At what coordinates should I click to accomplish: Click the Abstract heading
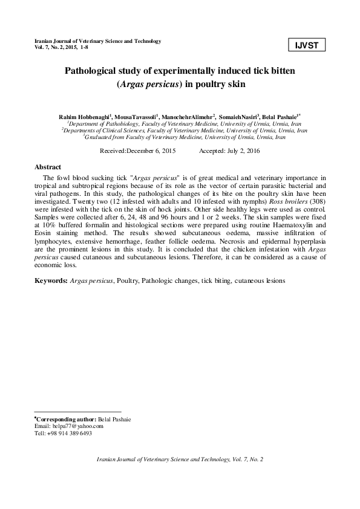tap(48, 166)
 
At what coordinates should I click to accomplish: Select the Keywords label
tap(51, 281)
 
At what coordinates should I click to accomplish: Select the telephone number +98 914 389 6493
tap(70, 433)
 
